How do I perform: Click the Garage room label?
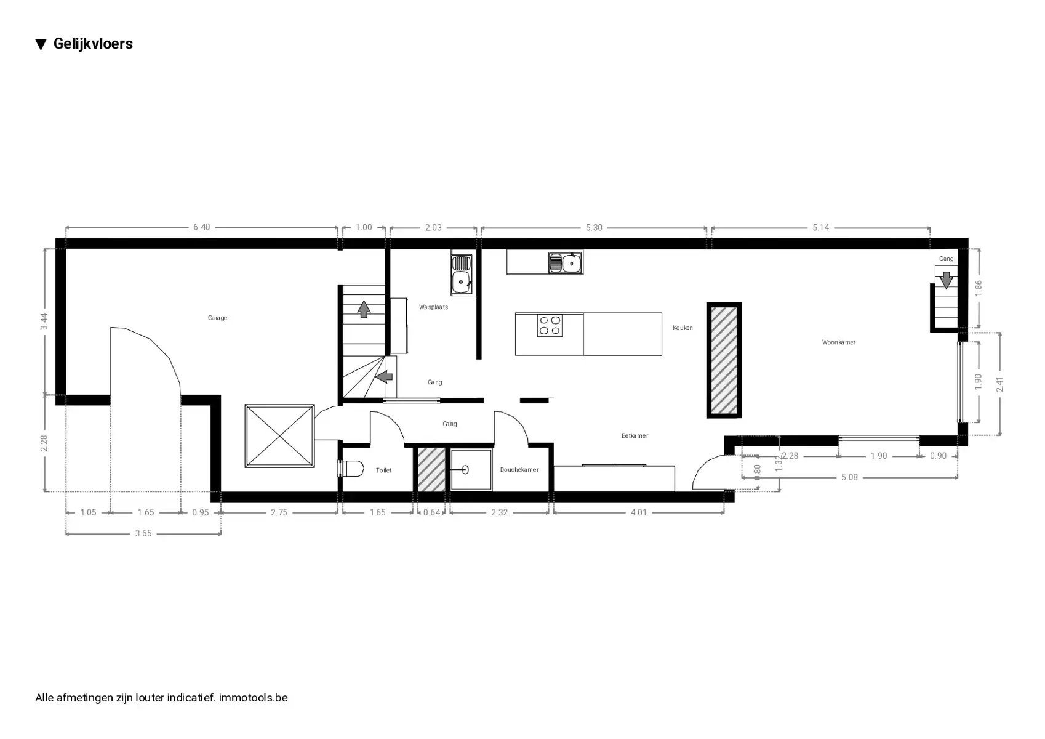(x=217, y=318)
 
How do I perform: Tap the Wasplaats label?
(x=433, y=307)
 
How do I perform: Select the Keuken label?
(x=683, y=328)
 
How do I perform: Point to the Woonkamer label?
(x=838, y=342)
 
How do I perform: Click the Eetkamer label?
(x=635, y=435)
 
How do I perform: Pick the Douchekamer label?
(x=519, y=470)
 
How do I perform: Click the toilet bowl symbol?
(x=351, y=469)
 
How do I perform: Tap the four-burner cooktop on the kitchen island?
(x=550, y=325)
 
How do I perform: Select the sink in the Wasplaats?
(x=462, y=275)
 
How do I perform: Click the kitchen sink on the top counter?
(x=566, y=263)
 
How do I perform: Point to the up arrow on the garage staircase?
(x=364, y=309)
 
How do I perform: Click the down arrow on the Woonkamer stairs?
(x=946, y=280)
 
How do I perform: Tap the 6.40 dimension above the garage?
(x=201, y=227)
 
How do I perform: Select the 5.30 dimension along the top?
(x=594, y=228)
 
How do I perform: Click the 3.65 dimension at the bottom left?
(x=143, y=533)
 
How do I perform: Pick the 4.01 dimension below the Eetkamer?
(x=639, y=512)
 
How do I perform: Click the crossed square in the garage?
(x=279, y=436)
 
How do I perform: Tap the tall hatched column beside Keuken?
(x=724, y=360)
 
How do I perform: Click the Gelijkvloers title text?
(x=93, y=44)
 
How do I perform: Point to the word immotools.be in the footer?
(x=254, y=698)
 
